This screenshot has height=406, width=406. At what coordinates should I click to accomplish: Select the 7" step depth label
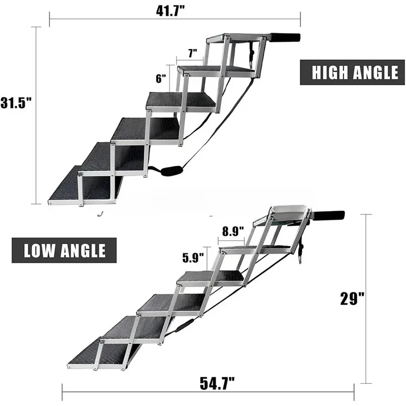click(x=191, y=53)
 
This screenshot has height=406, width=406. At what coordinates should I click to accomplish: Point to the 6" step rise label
click(x=161, y=78)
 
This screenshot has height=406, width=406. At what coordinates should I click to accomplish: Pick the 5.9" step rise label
click(x=194, y=257)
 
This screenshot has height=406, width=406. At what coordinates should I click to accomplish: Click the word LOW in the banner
click(x=42, y=250)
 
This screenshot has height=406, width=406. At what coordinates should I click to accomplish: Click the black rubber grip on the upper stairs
click(x=285, y=38)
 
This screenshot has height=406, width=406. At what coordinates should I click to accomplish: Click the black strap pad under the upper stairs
click(x=168, y=171)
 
